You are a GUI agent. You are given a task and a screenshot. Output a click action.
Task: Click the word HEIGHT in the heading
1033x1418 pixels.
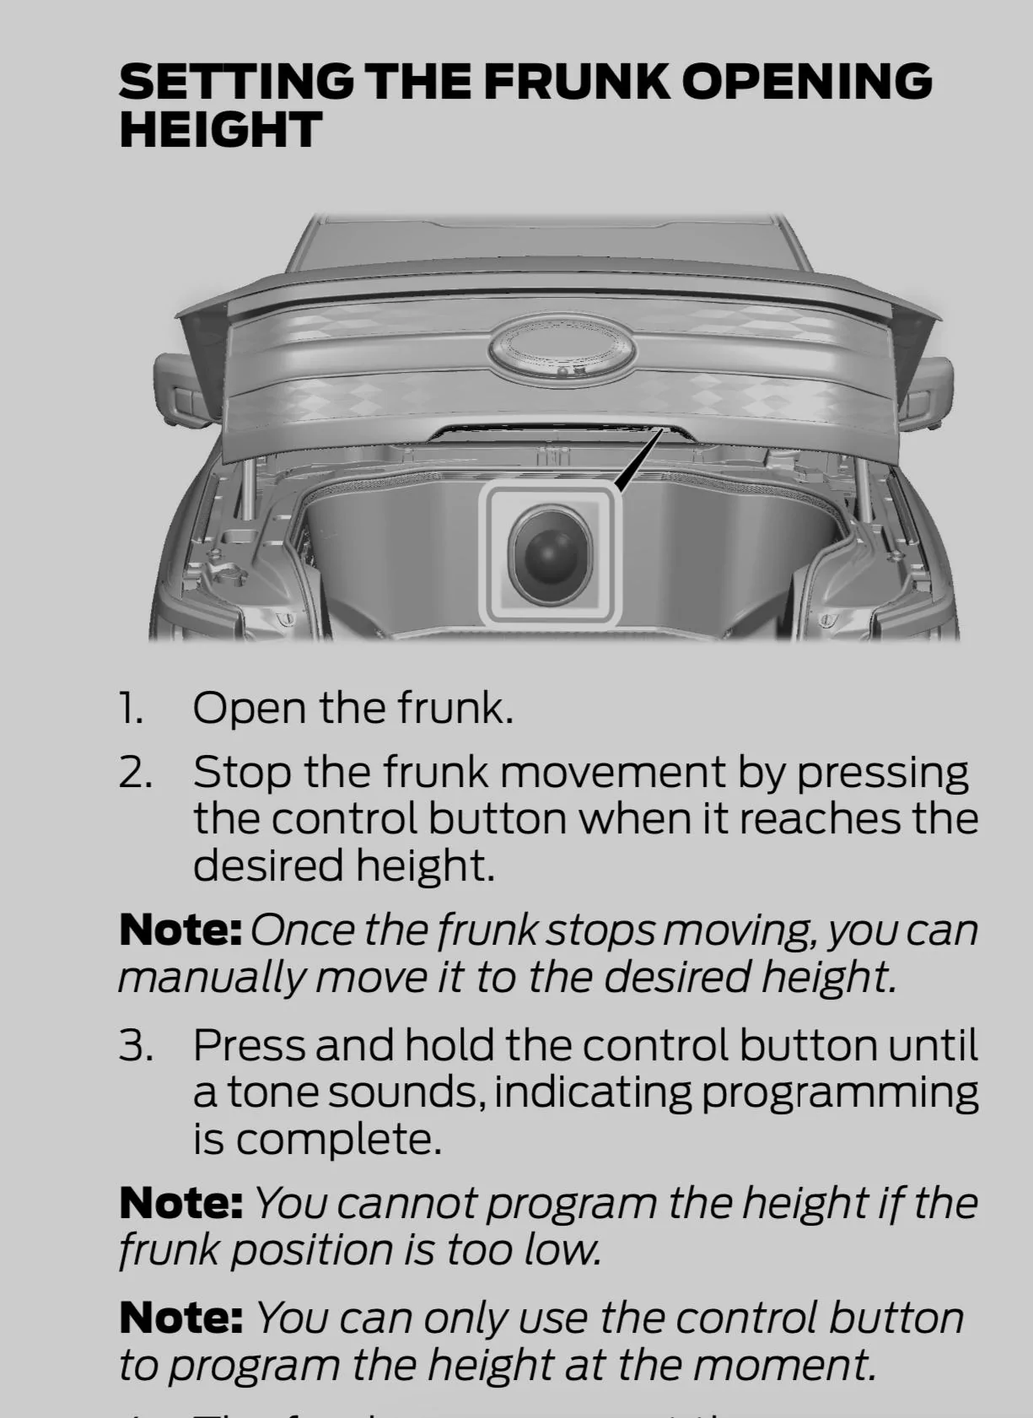pyautogui.click(x=220, y=130)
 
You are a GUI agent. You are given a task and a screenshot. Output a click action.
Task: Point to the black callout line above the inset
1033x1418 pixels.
pyautogui.click(x=639, y=460)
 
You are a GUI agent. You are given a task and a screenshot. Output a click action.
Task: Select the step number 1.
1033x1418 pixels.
pyautogui.click(x=130, y=708)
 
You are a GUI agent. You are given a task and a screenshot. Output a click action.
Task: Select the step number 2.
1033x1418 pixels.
pyautogui.click(x=135, y=773)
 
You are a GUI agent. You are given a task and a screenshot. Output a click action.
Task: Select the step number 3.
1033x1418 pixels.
pyautogui.click(x=135, y=1046)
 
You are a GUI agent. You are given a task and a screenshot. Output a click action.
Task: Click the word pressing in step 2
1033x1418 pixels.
pyautogui.click(x=882, y=773)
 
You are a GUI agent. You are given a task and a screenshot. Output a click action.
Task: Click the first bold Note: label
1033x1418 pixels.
pyautogui.click(x=180, y=930)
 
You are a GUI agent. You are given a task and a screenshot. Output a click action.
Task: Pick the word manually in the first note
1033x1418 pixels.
pyautogui.click(x=211, y=978)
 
